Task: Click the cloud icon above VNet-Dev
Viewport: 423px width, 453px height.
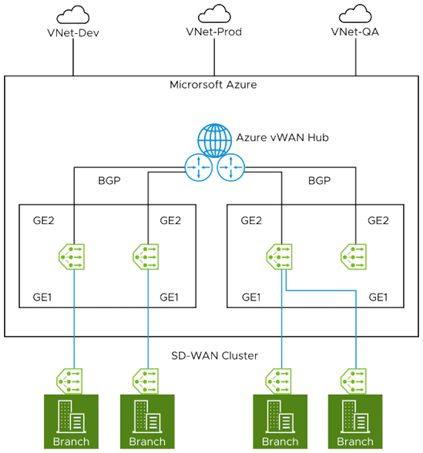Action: coord(72,15)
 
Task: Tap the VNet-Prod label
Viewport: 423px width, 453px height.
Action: coord(214,32)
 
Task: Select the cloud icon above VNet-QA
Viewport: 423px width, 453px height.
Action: coord(355,14)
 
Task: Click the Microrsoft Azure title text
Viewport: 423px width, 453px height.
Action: coord(213,85)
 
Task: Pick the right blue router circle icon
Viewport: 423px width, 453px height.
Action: coord(231,167)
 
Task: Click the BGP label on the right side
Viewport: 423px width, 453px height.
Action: coord(319,181)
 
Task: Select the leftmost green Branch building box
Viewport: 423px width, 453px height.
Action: coord(71,421)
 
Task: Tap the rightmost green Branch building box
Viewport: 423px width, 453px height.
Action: coord(355,421)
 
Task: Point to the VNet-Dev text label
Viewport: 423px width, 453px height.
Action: coord(72,33)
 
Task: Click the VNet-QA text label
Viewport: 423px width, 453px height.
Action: coord(355,32)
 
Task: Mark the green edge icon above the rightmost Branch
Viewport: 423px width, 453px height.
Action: coord(354,381)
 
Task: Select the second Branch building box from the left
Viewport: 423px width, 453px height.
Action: coord(147,421)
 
